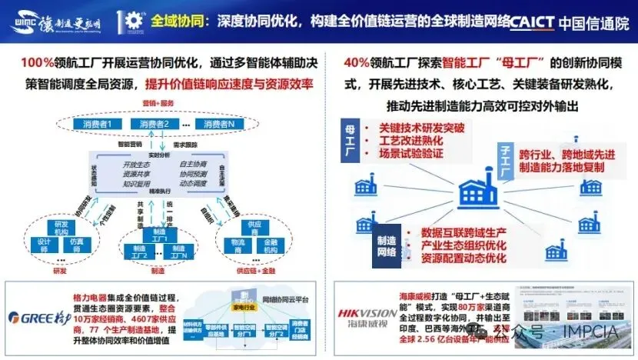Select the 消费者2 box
click(155, 123)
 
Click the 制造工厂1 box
click(161, 235)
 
